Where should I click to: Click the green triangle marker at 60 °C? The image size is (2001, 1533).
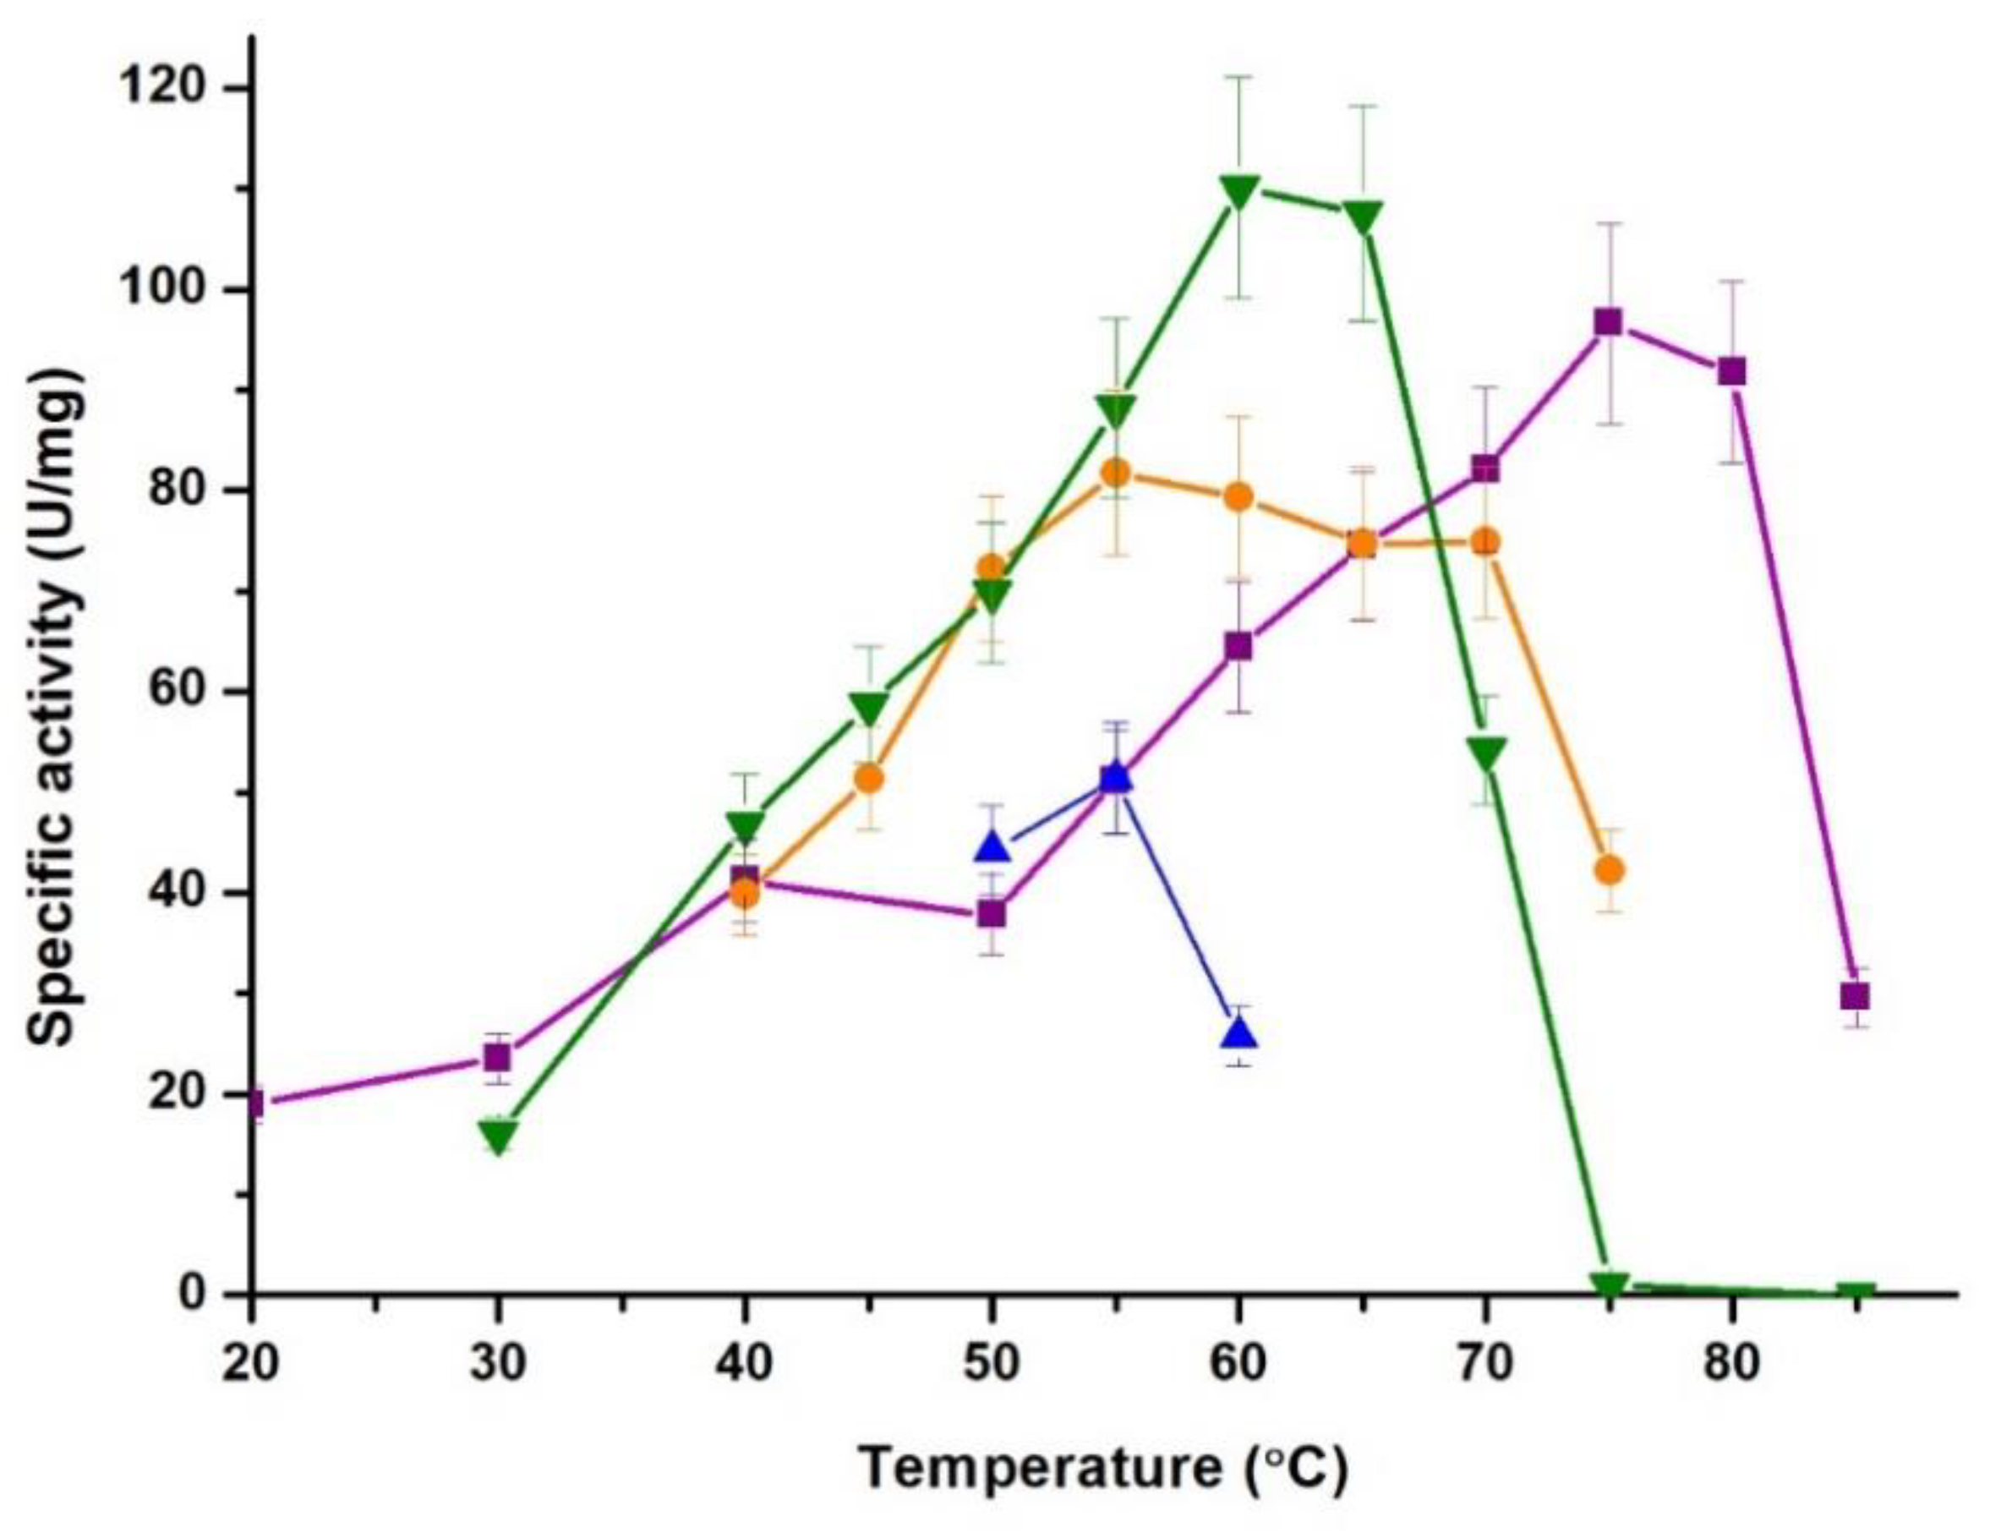coord(1238,192)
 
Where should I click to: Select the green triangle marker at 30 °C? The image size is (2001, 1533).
coord(498,1137)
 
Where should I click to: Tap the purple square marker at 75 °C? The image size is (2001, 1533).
coord(1608,322)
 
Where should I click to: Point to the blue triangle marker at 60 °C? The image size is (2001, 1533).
coord(1238,1033)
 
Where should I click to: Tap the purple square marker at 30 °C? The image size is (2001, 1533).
coord(497,1058)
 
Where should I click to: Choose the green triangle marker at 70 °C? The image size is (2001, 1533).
coord(1485,753)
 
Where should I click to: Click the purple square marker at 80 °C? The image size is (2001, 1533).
coord(1731,371)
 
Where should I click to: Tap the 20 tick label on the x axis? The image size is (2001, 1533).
coord(251,1365)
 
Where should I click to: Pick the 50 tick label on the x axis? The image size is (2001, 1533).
coord(992,1365)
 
